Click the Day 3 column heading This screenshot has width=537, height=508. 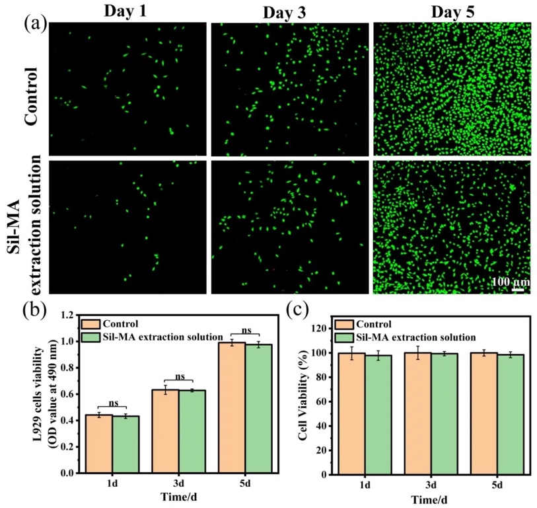(x=289, y=11)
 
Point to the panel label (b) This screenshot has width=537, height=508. (x=35, y=308)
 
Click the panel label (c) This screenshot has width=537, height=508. (x=298, y=308)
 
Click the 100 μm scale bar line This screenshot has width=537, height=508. (x=517, y=288)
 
